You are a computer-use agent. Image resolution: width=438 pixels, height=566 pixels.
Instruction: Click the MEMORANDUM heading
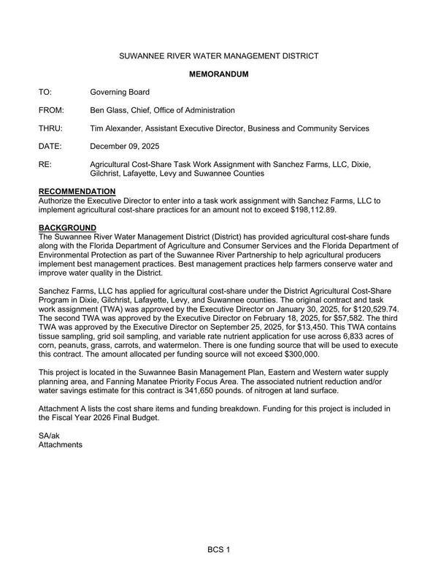pyautogui.click(x=219, y=74)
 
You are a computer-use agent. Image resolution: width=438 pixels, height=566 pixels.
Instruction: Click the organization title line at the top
pyautogui.click(x=219, y=55)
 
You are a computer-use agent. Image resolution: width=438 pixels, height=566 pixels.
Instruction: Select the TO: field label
pyautogui.click(x=46, y=92)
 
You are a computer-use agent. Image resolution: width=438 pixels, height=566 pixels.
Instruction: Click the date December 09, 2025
pyautogui.click(x=123, y=147)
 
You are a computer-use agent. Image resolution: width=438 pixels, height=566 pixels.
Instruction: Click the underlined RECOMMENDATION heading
pyautogui.click(x=77, y=191)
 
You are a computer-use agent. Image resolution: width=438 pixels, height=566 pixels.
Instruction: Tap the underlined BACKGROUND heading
pyautogui.click(x=67, y=228)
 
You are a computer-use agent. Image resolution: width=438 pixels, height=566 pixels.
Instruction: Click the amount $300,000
pyautogui.click(x=299, y=354)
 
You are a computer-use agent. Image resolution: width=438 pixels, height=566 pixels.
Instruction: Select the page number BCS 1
pyautogui.click(x=218, y=548)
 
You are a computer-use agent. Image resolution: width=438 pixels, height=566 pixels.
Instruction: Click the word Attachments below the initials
pyautogui.click(x=61, y=444)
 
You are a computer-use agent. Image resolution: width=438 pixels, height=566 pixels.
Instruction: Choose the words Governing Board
pyautogui.click(x=120, y=92)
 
